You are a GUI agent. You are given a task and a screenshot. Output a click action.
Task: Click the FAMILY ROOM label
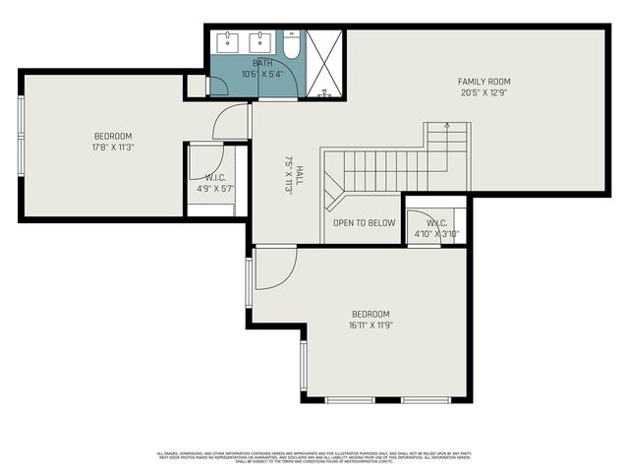[x=484, y=82]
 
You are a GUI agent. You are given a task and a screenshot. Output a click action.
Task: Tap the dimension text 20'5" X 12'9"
[x=484, y=93]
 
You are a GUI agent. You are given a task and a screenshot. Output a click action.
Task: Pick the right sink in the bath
[x=260, y=41]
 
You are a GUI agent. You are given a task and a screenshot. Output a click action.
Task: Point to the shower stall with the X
[x=323, y=65]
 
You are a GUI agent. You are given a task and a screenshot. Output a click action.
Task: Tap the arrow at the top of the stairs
[x=448, y=126]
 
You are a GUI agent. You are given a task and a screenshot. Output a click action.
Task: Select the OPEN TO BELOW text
[x=364, y=223]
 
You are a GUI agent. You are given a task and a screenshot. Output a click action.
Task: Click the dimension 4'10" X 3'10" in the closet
[x=437, y=233]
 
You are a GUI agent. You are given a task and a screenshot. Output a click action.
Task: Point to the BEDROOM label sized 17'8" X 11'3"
[x=113, y=137]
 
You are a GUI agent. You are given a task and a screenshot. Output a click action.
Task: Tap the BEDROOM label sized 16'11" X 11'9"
[x=370, y=314]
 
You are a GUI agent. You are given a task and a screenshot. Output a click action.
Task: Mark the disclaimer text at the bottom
[x=314, y=455]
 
